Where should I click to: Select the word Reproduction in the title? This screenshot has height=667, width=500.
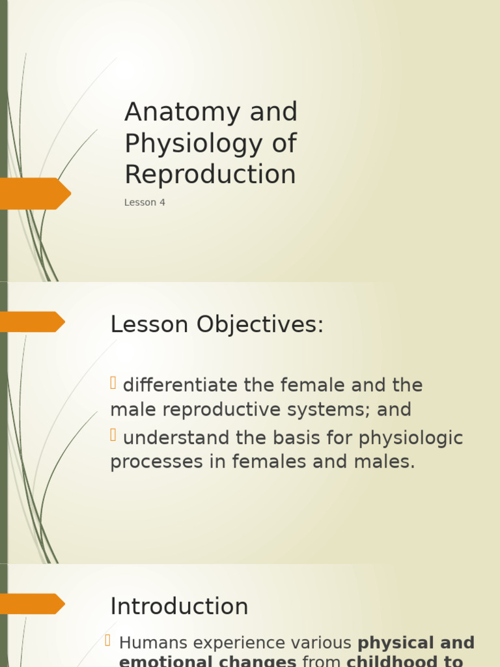click(x=210, y=175)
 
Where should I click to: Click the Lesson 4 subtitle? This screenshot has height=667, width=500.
click(x=145, y=203)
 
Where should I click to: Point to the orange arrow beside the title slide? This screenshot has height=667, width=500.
click(x=36, y=193)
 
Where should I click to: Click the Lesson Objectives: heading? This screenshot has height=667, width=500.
click(x=217, y=324)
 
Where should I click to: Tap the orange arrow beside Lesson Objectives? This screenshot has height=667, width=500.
click(x=33, y=322)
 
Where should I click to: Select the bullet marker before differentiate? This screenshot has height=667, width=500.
click(x=113, y=384)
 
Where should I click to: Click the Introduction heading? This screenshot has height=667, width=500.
click(x=179, y=606)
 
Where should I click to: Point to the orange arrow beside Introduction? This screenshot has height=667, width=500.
click(x=33, y=604)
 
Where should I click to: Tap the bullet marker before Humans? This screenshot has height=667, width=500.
click(x=109, y=642)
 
